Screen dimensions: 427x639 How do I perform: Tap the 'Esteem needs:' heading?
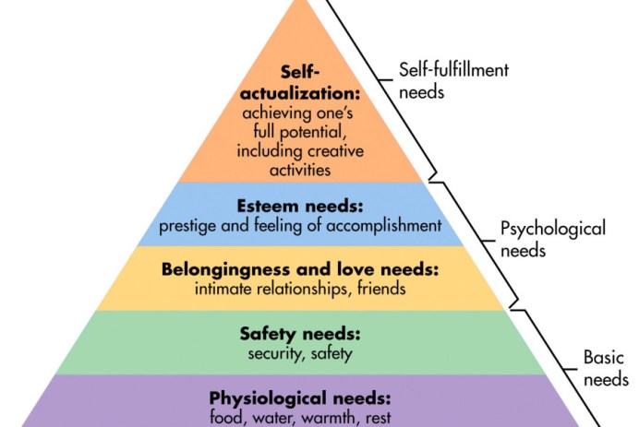tap(299, 207)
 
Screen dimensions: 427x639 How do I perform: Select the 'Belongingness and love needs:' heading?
tap(299, 270)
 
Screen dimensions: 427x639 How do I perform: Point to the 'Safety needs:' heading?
tap(299, 334)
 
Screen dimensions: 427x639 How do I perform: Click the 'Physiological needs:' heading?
tap(299, 398)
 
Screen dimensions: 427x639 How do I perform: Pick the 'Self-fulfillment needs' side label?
tap(453, 80)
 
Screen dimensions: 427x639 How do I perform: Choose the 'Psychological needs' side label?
tap(552, 238)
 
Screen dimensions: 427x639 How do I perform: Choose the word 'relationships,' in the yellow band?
tap(301, 289)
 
